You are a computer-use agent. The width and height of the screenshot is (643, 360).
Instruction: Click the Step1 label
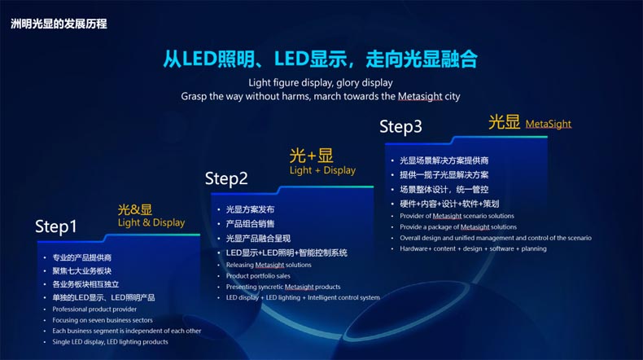click(56, 227)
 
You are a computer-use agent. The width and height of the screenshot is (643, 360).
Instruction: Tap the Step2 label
click(226, 179)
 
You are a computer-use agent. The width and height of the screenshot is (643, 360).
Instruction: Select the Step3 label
click(400, 127)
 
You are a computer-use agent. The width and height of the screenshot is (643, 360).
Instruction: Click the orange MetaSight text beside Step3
click(549, 124)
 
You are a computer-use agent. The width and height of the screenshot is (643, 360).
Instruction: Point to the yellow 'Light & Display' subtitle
click(151, 222)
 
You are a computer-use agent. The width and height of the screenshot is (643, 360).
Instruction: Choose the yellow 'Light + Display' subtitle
click(323, 170)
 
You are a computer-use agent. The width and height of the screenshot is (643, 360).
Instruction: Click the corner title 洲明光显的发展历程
click(59, 24)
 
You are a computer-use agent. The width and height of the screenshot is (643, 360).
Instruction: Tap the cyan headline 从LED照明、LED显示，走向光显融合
click(320, 59)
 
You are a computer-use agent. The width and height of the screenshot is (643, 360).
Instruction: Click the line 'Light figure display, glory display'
click(321, 82)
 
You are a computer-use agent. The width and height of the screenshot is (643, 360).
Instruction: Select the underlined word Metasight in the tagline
click(420, 96)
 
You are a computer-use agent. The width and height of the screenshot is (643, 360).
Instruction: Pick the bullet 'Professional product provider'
click(94, 310)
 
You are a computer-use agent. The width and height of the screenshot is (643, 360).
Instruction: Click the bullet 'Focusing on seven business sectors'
click(103, 320)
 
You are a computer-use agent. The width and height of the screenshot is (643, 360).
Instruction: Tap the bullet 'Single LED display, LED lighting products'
click(111, 342)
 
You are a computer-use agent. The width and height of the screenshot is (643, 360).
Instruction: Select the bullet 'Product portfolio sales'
click(258, 276)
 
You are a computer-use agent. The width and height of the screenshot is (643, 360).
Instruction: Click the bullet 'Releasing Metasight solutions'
click(269, 266)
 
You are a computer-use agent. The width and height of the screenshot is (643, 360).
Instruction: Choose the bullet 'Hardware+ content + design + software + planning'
click(473, 248)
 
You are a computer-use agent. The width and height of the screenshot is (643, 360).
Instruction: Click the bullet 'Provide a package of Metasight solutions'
click(458, 227)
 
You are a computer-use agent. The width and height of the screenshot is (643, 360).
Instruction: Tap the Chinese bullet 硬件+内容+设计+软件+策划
click(449, 204)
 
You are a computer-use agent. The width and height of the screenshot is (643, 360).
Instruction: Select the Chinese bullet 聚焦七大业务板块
click(82, 271)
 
